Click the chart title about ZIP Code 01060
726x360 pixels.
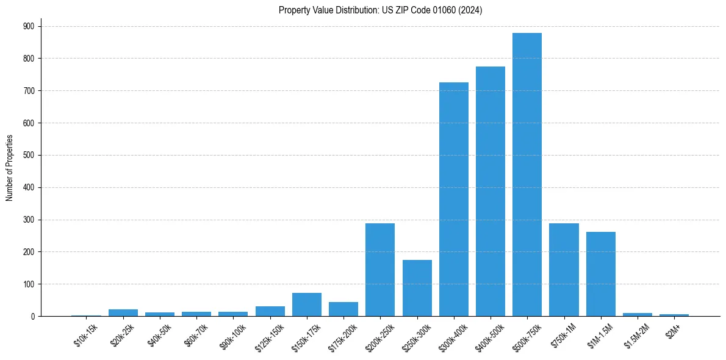380,10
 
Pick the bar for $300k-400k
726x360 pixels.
454,199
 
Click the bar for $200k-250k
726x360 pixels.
380,270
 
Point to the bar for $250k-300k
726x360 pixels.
417,288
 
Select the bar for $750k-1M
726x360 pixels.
564,270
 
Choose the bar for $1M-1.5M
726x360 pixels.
601,274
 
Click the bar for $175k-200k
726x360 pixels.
343,309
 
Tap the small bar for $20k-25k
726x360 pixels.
123,312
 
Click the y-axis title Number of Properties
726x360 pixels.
10,168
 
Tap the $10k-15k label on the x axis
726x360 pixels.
85,335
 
